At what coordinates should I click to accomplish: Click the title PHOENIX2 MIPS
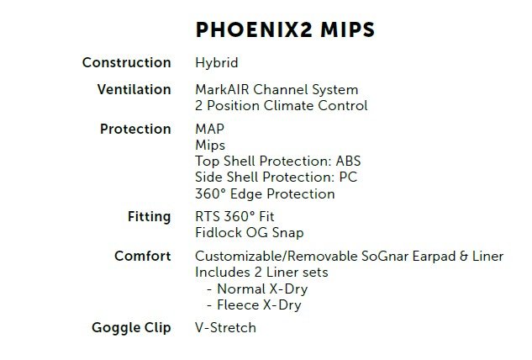(x=285, y=29)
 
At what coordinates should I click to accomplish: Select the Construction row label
(x=127, y=62)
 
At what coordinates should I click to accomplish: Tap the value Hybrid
(x=217, y=63)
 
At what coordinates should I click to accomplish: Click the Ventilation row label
(x=134, y=89)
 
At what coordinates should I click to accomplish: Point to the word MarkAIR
(x=222, y=89)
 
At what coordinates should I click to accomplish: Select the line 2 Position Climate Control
(x=282, y=105)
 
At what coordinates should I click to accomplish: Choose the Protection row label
(x=135, y=129)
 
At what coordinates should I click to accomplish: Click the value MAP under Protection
(x=209, y=129)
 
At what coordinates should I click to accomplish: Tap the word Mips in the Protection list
(x=210, y=146)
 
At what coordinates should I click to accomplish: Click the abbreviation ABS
(x=348, y=161)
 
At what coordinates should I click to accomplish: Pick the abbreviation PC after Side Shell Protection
(x=348, y=177)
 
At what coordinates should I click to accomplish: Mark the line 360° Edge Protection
(x=265, y=194)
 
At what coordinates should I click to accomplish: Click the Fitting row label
(x=150, y=217)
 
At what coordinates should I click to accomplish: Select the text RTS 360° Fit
(x=234, y=217)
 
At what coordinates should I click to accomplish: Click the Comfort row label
(x=143, y=256)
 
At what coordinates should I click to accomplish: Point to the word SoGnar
(x=385, y=256)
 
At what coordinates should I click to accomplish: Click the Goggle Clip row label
(x=131, y=328)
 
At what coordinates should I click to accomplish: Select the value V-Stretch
(x=225, y=328)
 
